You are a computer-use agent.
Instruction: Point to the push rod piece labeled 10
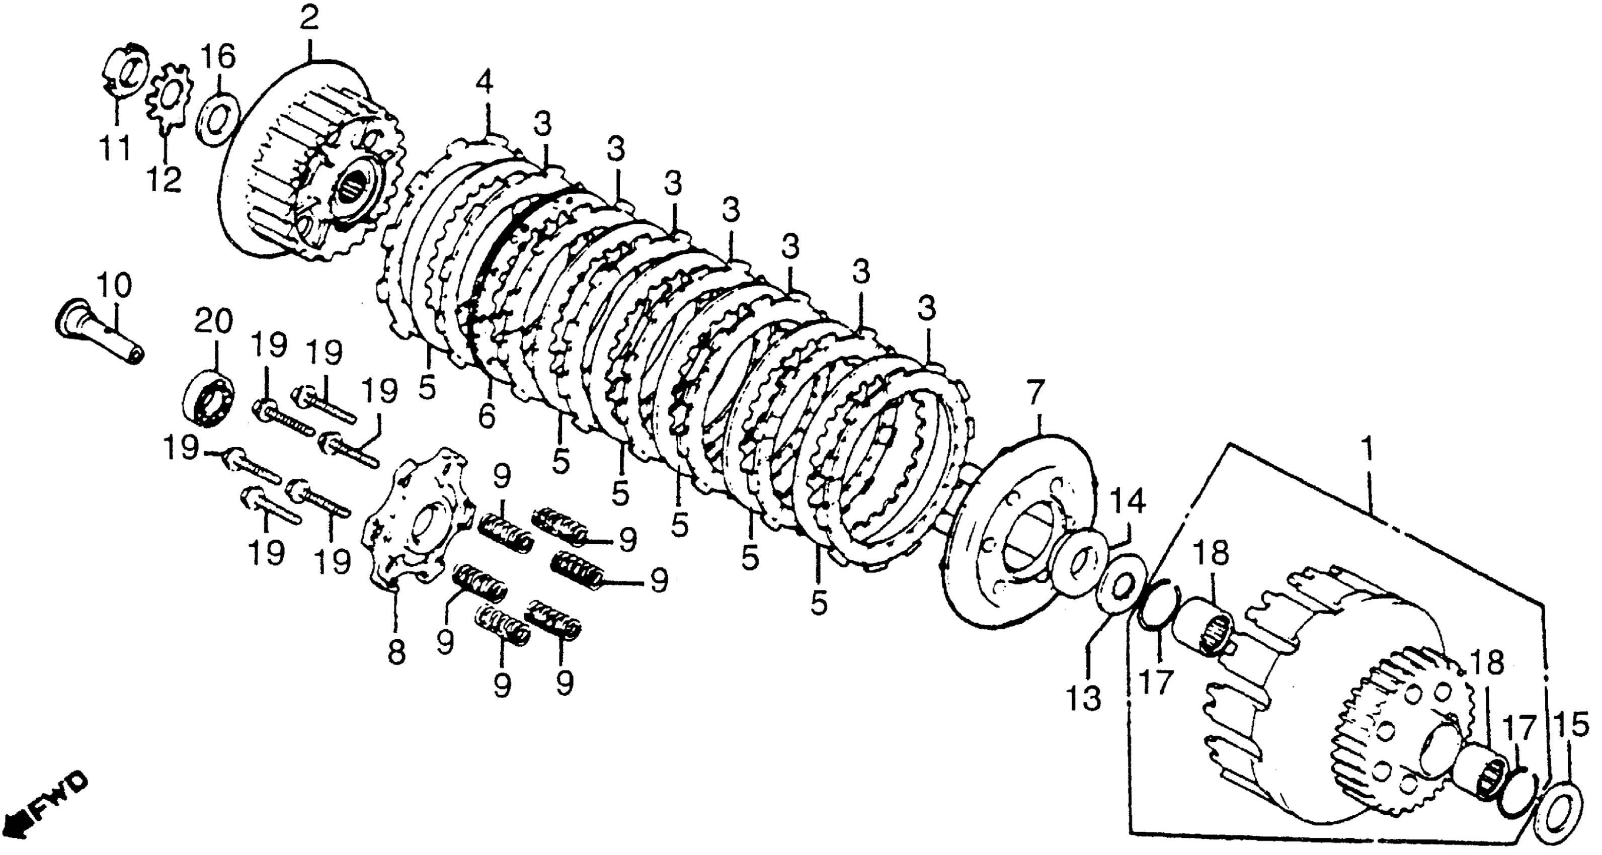[100, 329]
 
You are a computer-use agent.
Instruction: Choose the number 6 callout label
[487, 415]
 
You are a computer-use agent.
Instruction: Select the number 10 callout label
[116, 286]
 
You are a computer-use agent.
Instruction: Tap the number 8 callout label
[396, 652]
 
